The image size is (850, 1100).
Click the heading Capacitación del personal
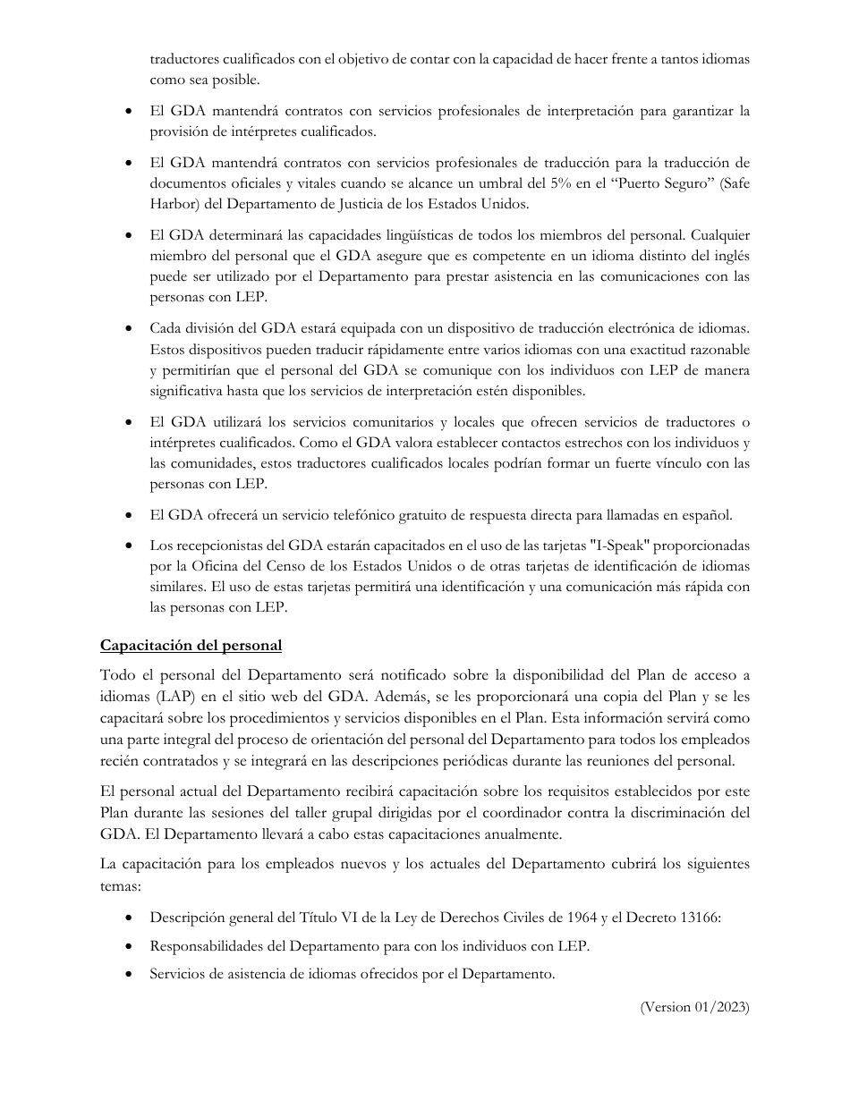(191, 646)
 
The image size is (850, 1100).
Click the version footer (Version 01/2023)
(694, 1007)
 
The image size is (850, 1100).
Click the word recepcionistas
(216, 546)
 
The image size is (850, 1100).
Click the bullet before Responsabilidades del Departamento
(132, 946)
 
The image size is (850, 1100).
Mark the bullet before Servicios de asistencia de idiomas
(132, 975)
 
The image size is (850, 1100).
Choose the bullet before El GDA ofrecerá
(132, 515)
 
